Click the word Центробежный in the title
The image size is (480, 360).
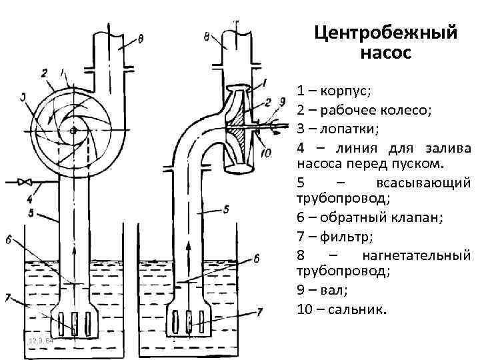point(386,32)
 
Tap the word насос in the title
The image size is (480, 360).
point(386,51)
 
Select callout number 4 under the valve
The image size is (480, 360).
point(29,199)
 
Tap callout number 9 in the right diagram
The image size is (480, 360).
point(283,101)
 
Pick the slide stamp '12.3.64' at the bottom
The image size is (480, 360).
point(41,341)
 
